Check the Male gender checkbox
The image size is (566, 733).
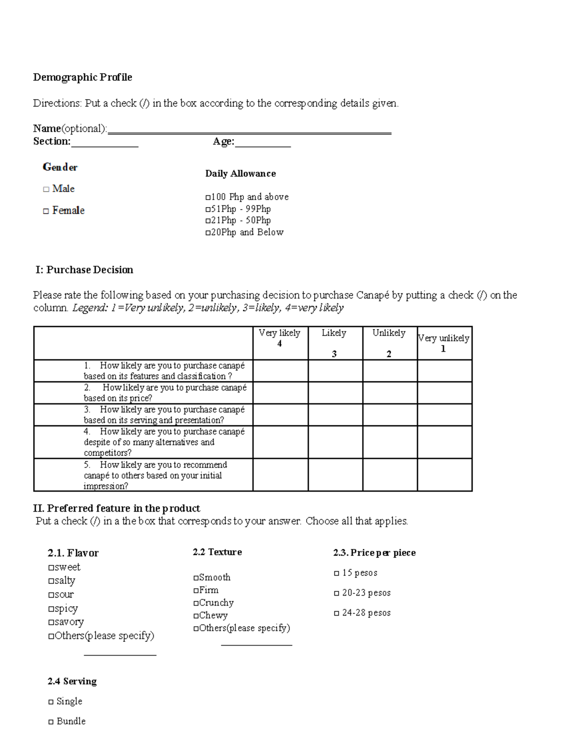coord(46,189)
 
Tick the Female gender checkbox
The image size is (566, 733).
coord(46,211)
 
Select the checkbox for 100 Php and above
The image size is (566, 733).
coord(208,197)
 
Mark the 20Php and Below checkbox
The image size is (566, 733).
coord(208,233)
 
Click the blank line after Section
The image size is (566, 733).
coord(104,146)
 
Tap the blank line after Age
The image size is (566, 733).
coord(263,146)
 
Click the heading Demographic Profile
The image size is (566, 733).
coord(83,77)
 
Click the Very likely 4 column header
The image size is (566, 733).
coord(280,338)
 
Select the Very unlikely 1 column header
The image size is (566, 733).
coord(444,343)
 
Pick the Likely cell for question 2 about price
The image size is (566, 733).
coord(335,393)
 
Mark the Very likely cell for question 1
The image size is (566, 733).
coord(281,371)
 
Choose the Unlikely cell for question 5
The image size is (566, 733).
coord(390,475)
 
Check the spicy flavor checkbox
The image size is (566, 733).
coord(51,609)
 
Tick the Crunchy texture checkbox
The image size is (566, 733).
coord(196,603)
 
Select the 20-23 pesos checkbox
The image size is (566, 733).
coord(336,593)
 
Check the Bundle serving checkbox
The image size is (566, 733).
coord(51,722)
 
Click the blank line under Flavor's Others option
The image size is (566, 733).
coord(120,654)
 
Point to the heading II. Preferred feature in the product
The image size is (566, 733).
coord(117,508)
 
